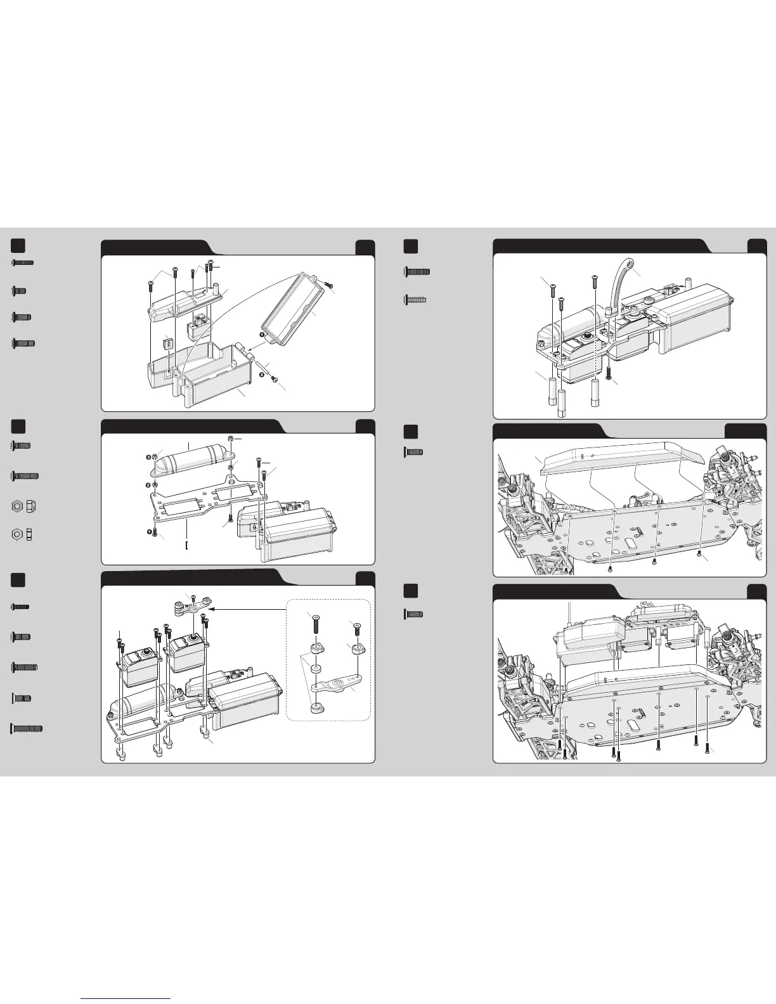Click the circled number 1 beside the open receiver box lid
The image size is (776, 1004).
click(262, 333)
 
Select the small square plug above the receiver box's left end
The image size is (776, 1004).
click(167, 344)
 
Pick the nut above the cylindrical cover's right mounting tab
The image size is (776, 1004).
click(231, 437)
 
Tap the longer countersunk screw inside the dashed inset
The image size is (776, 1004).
click(316, 625)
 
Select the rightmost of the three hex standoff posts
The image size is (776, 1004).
click(596, 392)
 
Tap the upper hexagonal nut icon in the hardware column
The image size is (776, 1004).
click(16, 506)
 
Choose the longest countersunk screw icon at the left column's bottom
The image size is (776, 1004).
click(27, 729)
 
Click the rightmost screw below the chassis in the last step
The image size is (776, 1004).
click(707, 749)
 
